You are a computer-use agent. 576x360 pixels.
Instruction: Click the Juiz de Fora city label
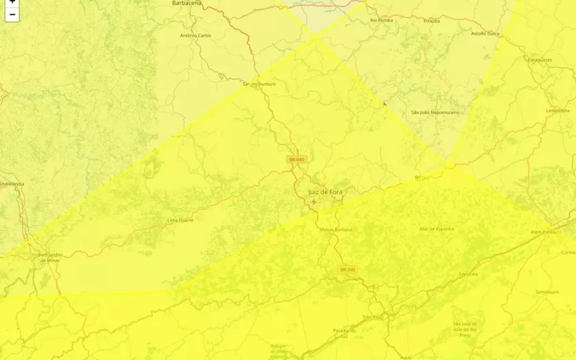[325, 192]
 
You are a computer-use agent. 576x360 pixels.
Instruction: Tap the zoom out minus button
[12, 14]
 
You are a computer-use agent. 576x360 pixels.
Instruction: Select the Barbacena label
[187, 3]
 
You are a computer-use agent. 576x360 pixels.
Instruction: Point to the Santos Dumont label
[259, 84]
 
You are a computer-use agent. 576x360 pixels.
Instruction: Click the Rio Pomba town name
[382, 21]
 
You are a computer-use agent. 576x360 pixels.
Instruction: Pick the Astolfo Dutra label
[485, 34]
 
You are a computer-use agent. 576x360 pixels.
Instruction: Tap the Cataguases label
[540, 60]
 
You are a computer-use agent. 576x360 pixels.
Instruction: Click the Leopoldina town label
[557, 110]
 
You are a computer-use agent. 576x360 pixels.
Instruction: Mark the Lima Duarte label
[180, 220]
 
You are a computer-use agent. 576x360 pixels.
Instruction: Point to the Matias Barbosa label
[336, 229]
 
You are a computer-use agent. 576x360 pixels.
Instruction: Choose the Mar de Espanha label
[437, 228]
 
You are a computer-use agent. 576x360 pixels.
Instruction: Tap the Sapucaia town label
[468, 274]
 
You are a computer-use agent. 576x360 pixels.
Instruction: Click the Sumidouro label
[547, 291]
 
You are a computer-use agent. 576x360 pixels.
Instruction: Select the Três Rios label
[372, 317]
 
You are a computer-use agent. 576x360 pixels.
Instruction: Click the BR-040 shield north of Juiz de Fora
[296, 159]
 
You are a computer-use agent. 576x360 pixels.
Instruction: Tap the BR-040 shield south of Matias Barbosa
[348, 269]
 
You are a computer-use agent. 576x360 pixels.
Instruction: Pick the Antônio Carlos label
[195, 36]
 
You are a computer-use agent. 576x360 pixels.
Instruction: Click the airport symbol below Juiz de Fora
[313, 202]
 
